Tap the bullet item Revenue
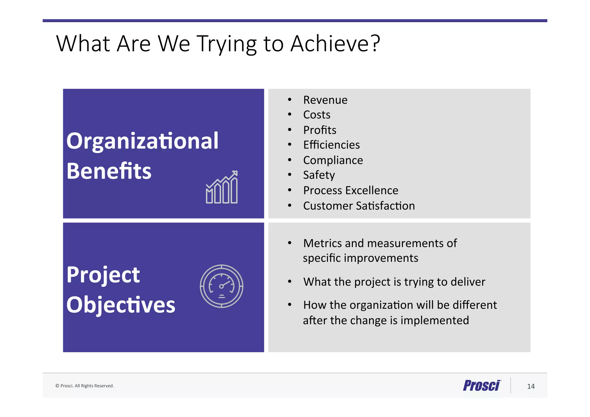[325, 100]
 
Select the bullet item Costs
[317, 115]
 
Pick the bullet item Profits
[319, 130]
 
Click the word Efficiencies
[331, 145]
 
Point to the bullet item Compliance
[333, 160]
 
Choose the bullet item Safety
[319, 175]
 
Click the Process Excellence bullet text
[351, 190]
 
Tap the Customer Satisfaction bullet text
[359, 206]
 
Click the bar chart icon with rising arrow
[222, 187]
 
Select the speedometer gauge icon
[222, 286]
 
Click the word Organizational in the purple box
[142, 141]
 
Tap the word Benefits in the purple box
[109, 171]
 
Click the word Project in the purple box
[103, 275]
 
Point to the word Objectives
[121, 305]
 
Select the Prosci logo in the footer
[482, 386]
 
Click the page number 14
[531, 386]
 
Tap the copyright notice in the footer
[85, 386]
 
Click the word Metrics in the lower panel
[322, 244]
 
